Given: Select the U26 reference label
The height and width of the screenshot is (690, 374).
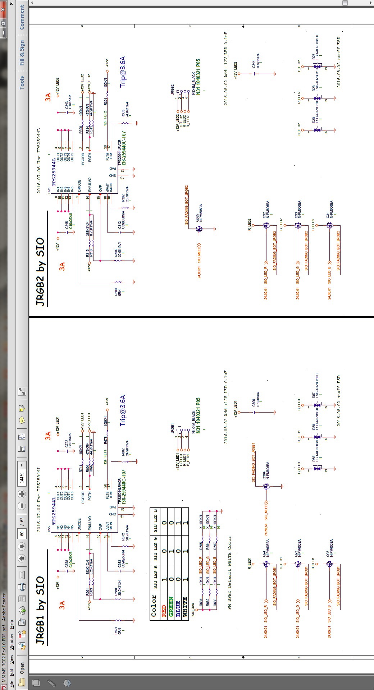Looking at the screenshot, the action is click(49, 190).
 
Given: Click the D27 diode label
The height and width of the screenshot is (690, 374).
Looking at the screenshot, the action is click(314, 56).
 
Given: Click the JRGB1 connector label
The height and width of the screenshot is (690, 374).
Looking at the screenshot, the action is click(172, 428).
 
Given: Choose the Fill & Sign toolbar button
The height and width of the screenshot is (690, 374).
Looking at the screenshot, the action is click(22, 53).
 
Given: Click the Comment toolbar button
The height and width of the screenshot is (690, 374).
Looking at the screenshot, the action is click(22, 17).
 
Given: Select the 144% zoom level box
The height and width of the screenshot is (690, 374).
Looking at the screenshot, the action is click(22, 477).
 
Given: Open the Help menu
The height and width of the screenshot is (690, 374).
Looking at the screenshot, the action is click(12, 624).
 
